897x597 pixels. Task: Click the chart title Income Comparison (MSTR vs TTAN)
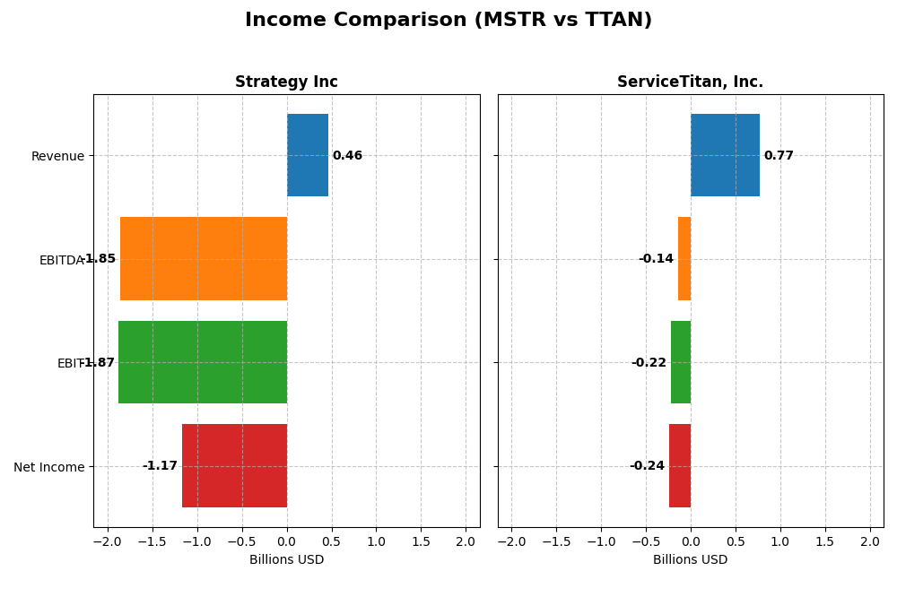tap(448, 21)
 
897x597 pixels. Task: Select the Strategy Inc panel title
tap(286, 82)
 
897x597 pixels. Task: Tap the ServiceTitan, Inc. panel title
tap(690, 82)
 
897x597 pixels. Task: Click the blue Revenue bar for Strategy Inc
tap(308, 155)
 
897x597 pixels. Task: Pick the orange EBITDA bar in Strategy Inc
tap(204, 258)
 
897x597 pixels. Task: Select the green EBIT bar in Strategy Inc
tap(203, 362)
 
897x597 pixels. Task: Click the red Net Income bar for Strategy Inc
tap(234, 465)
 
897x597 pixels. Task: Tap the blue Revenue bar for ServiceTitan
tap(725, 155)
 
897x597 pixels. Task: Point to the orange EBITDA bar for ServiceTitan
tap(684, 258)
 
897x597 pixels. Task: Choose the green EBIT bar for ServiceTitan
tap(681, 362)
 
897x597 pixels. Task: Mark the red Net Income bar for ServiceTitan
tap(680, 465)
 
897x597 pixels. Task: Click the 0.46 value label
tap(347, 156)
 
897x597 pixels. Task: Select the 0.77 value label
tap(779, 156)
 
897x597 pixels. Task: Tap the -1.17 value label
tap(160, 466)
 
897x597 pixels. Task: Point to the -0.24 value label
tap(647, 466)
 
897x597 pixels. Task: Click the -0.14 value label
tap(656, 259)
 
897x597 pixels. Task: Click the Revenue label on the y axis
tap(57, 157)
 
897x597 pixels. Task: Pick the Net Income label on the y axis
tap(49, 467)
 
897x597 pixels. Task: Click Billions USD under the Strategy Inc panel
tap(286, 560)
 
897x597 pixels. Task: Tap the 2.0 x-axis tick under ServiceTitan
tap(869, 542)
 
